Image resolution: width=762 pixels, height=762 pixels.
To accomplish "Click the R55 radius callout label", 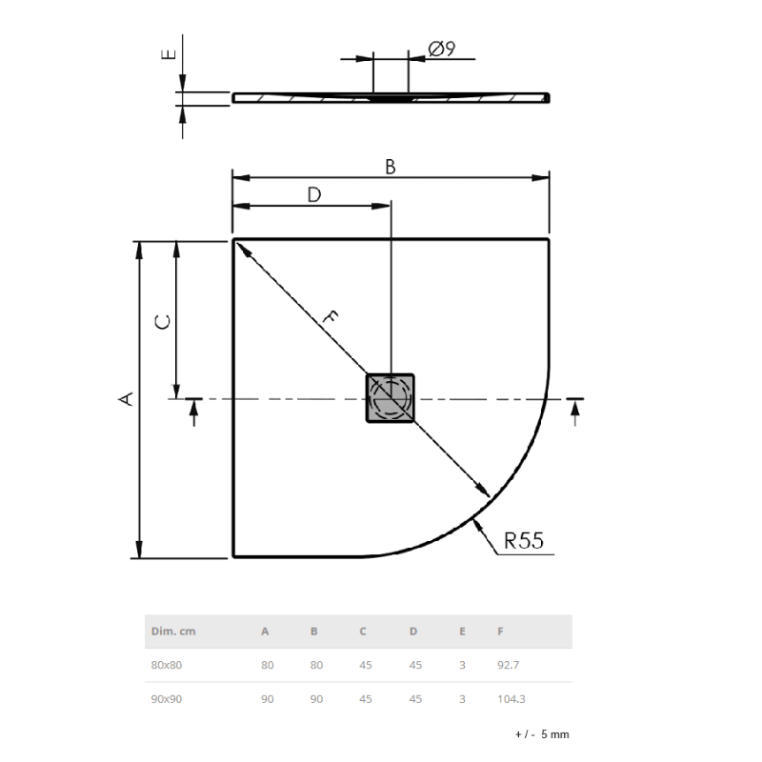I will (x=523, y=541).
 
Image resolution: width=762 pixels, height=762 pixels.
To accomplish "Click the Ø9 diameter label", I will (x=442, y=49).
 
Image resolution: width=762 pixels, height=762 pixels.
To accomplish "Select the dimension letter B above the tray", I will (x=391, y=166).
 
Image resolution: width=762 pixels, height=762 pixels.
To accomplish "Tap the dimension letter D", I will (x=313, y=194).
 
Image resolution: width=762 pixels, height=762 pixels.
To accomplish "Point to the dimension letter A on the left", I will (x=125, y=398).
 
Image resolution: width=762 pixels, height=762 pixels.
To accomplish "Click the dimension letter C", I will (x=163, y=322).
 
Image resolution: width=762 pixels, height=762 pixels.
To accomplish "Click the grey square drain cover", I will (x=391, y=397).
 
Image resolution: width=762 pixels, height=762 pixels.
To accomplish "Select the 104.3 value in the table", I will (x=511, y=698).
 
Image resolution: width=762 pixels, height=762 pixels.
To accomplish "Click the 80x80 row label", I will (x=167, y=665).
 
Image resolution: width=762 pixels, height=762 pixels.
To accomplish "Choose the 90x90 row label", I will (x=167, y=698).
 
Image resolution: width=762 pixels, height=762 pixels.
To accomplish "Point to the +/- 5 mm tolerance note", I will (x=541, y=734).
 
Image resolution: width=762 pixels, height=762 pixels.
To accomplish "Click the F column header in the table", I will (x=500, y=631).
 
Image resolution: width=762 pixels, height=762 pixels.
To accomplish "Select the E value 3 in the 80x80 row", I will (x=462, y=665).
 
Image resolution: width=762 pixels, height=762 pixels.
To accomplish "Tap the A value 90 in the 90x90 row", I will (x=267, y=698).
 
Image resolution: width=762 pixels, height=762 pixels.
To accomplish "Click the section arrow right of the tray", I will (x=575, y=409).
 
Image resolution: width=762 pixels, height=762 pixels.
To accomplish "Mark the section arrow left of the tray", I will (x=194, y=409).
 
